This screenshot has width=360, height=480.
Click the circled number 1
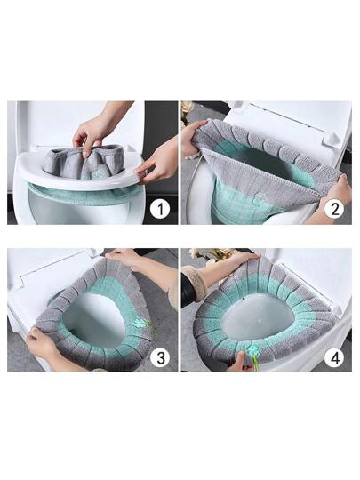(x=160, y=209)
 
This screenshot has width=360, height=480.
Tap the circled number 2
(x=335, y=209)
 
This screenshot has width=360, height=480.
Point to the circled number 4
(x=335, y=357)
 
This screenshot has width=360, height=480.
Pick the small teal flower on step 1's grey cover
(x=98, y=174)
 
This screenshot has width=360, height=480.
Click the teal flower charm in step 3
(x=140, y=323)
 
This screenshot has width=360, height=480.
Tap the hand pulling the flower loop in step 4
(x=240, y=362)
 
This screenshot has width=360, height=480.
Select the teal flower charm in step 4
(x=252, y=349)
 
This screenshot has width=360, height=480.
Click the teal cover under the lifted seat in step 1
(x=84, y=193)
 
